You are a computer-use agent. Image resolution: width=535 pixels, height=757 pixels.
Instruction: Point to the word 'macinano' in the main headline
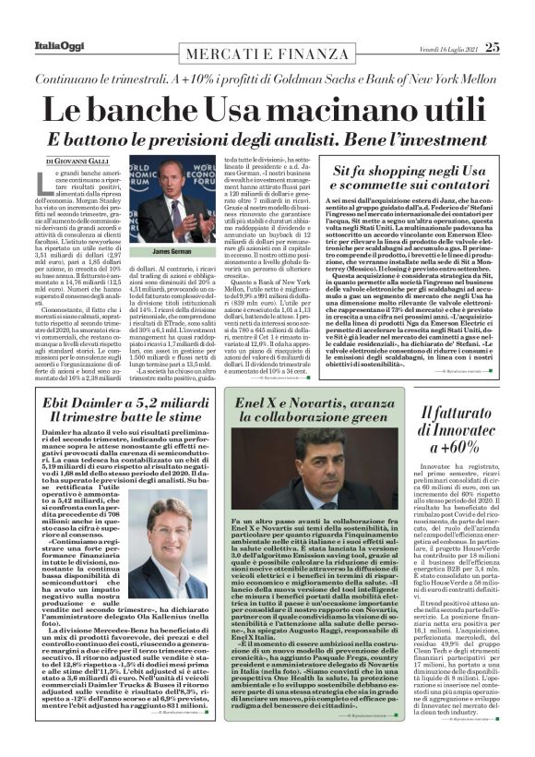[325, 109]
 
